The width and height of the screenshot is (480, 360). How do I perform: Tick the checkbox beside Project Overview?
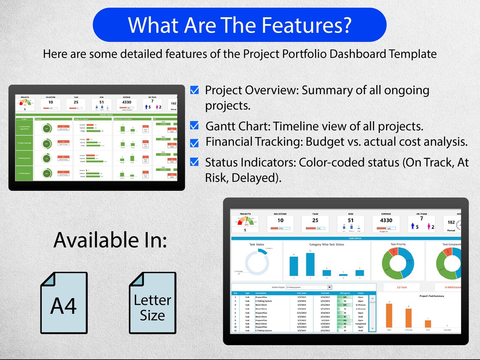tap(195, 90)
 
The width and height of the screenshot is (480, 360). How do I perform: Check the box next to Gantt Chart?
tap(195, 125)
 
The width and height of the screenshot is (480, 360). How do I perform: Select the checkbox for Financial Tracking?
tap(195, 143)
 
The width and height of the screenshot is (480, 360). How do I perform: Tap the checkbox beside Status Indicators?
tap(195, 162)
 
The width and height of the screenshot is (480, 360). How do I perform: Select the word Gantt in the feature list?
tap(222, 126)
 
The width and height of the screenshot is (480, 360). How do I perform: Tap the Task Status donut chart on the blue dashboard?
tap(257, 263)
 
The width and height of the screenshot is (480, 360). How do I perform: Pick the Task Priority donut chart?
tap(398, 262)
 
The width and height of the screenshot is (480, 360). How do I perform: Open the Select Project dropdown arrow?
tap(329, 287)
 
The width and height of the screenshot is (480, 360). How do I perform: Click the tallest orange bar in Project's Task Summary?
tap(389, 315)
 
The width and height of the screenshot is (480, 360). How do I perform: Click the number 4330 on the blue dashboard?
tap(386, 220)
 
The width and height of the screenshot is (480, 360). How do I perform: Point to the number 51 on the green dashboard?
tap(102, 102)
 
